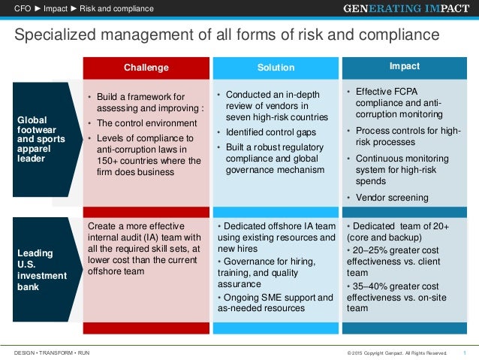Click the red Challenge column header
pyautogui.click(x=146, y=68)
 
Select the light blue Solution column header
pyautogui.click(x=276, y=68)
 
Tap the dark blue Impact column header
pyautogui.click(x=405, y=66)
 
